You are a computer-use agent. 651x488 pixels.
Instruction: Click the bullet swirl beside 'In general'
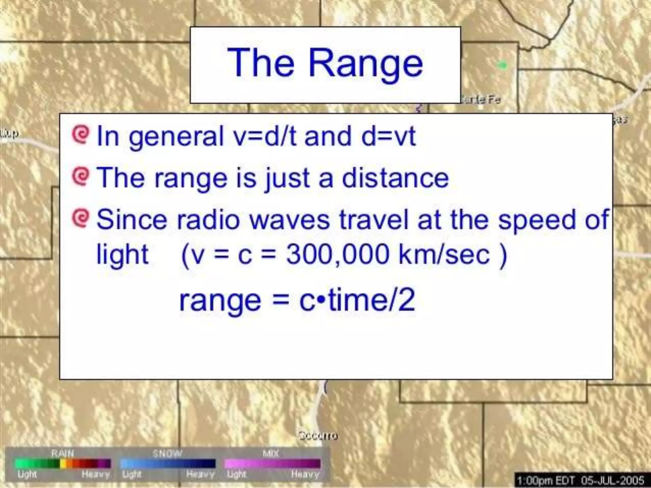point(80,135)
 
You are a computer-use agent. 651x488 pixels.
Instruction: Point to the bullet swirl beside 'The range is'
point(80,177)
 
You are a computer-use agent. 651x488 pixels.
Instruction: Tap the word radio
point(208,220)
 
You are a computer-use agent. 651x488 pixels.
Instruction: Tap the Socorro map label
point(318,436)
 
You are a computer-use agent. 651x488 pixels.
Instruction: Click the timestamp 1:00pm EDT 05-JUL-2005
point(580,480)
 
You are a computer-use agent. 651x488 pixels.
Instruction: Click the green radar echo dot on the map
point(502,65)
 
